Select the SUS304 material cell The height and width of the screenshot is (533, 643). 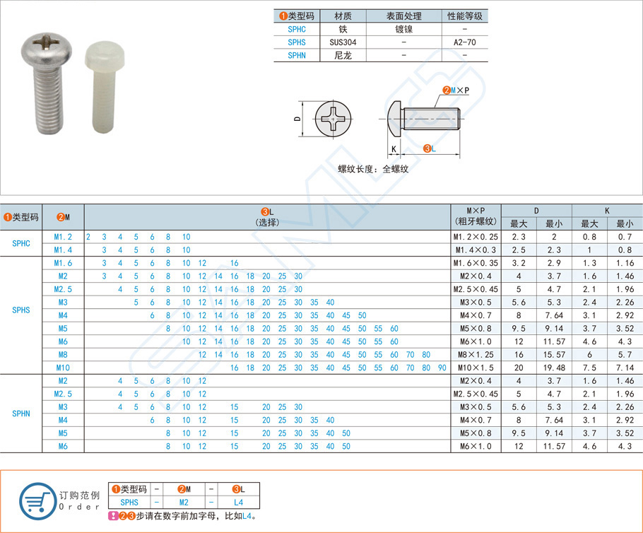click(343, 42)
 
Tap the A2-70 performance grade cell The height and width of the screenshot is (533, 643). click(465, 42)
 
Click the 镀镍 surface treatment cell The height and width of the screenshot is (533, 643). click(403, 30)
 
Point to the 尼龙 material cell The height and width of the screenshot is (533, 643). click(343, 55)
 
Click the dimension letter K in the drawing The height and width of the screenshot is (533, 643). click(394, 149)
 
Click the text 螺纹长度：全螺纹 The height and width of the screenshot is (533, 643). click(372, 169)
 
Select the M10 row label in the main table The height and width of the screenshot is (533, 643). click(63, 368)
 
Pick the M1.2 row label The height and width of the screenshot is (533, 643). click(63, 236)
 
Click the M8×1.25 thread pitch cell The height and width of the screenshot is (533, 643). click(475, 354)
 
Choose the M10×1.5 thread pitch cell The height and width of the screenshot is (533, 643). click(475, 368)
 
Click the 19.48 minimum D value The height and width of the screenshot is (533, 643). click(554, 368)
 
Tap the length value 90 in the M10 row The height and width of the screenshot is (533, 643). click(442, 368)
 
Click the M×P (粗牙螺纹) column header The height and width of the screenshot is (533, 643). click(475, 216)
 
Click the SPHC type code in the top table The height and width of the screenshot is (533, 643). click(297, 30)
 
